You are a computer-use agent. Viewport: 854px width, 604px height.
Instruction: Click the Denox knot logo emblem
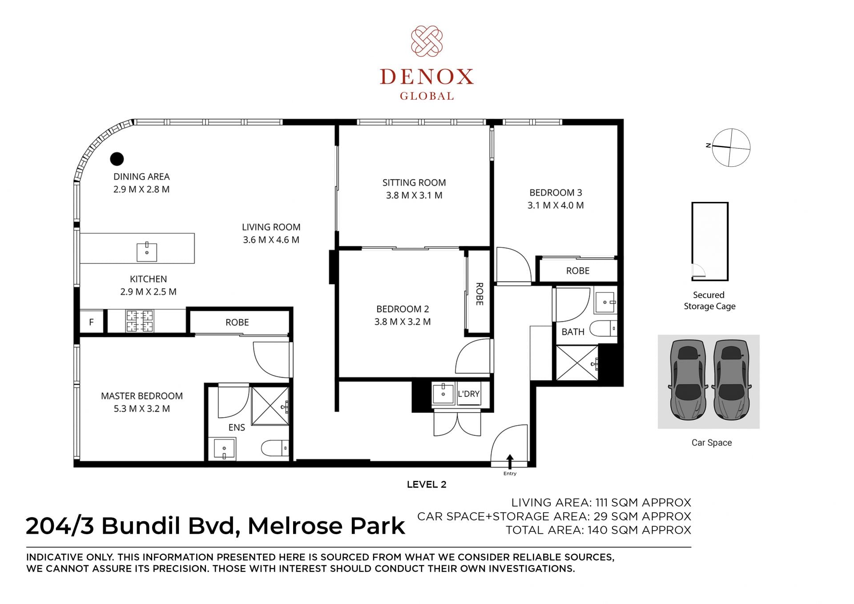[x=427, y=41]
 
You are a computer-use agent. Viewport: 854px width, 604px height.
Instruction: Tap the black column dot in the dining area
[x=117, y=158]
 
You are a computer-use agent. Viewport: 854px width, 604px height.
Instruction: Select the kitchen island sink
[x=147, y=252]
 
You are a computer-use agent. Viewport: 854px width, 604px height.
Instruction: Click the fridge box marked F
[x=92, y=322]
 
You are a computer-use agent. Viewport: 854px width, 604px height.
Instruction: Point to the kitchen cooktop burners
[x=140, y=321]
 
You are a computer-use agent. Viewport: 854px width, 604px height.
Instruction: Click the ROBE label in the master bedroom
[x=237, y=322]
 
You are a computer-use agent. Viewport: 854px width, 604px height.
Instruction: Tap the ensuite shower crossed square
[x=270, y=406]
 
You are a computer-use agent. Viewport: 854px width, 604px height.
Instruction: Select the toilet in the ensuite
[x=275, y=448]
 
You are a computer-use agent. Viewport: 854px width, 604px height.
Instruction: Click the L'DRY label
[x=469, y=394]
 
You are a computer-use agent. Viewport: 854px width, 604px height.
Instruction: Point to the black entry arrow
[x=510, y=461]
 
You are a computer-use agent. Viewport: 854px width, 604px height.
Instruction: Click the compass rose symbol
[x=731, y=148]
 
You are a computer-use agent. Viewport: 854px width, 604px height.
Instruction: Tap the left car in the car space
[x=688, y=380]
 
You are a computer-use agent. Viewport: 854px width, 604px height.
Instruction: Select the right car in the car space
[x=731, y=380]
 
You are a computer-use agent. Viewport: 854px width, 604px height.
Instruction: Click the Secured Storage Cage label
[x=709, y=301]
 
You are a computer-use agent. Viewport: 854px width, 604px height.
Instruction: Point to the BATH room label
[x=573, y=332]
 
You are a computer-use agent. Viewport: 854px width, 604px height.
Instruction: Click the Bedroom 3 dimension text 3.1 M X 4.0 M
[x=556, y=205]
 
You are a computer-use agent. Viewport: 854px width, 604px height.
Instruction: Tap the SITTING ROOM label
[x=414, y=183]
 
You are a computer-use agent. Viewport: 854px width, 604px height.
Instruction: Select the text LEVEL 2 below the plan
[x=427, y=485]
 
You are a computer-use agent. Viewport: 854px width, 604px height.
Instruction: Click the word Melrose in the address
[x=295, y=526]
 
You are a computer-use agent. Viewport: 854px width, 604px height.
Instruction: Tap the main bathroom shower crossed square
[x=577, y=363]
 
